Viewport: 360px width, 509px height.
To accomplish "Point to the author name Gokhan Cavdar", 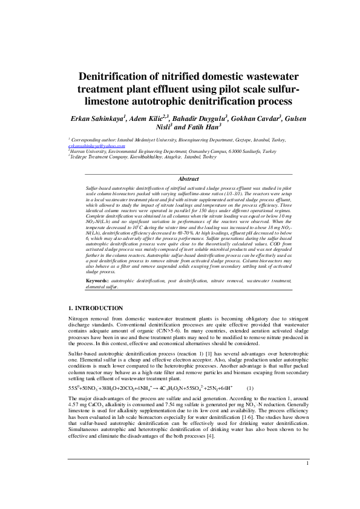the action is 254,117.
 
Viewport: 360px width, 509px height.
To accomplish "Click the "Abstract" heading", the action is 189,179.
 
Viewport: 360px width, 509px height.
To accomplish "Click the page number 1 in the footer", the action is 307,480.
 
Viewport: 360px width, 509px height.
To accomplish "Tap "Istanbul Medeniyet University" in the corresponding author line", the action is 146,139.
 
